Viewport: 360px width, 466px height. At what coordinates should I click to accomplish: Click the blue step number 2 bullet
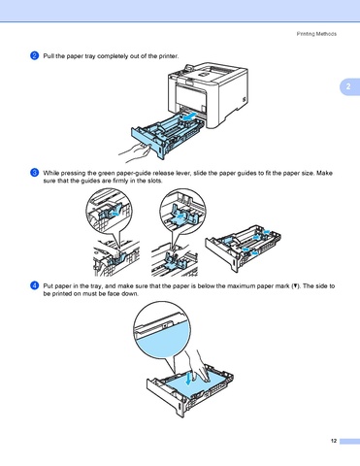(35, 55)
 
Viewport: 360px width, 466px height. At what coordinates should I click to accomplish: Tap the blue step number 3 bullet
(35, 173)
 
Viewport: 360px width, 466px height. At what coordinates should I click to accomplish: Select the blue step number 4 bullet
(35, 285)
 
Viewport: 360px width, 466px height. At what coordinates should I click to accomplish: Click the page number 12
(334, 441)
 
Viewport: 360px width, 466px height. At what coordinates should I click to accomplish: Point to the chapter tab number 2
(348, 86)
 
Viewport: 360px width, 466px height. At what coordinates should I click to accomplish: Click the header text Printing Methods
(316, 34)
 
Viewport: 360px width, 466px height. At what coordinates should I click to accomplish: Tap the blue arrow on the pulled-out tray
(188, 116)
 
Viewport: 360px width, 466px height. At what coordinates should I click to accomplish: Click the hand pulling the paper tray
(134, 153)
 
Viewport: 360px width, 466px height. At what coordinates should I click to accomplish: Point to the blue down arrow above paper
(188, 378)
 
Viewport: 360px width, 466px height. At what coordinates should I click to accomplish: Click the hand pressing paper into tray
(197, 366)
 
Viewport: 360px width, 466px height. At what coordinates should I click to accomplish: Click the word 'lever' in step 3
(183, 173)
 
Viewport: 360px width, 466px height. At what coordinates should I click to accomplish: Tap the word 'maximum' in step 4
(240, 286)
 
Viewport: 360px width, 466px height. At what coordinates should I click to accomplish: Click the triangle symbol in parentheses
(295, 286)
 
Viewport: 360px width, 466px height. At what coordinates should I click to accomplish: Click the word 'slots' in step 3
(154, 181)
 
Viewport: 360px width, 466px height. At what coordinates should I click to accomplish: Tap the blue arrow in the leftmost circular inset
(115, 213)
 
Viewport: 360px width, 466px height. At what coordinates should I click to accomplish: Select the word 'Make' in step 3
(324, 173)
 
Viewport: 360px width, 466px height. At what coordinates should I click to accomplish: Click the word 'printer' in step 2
(168, 56)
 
